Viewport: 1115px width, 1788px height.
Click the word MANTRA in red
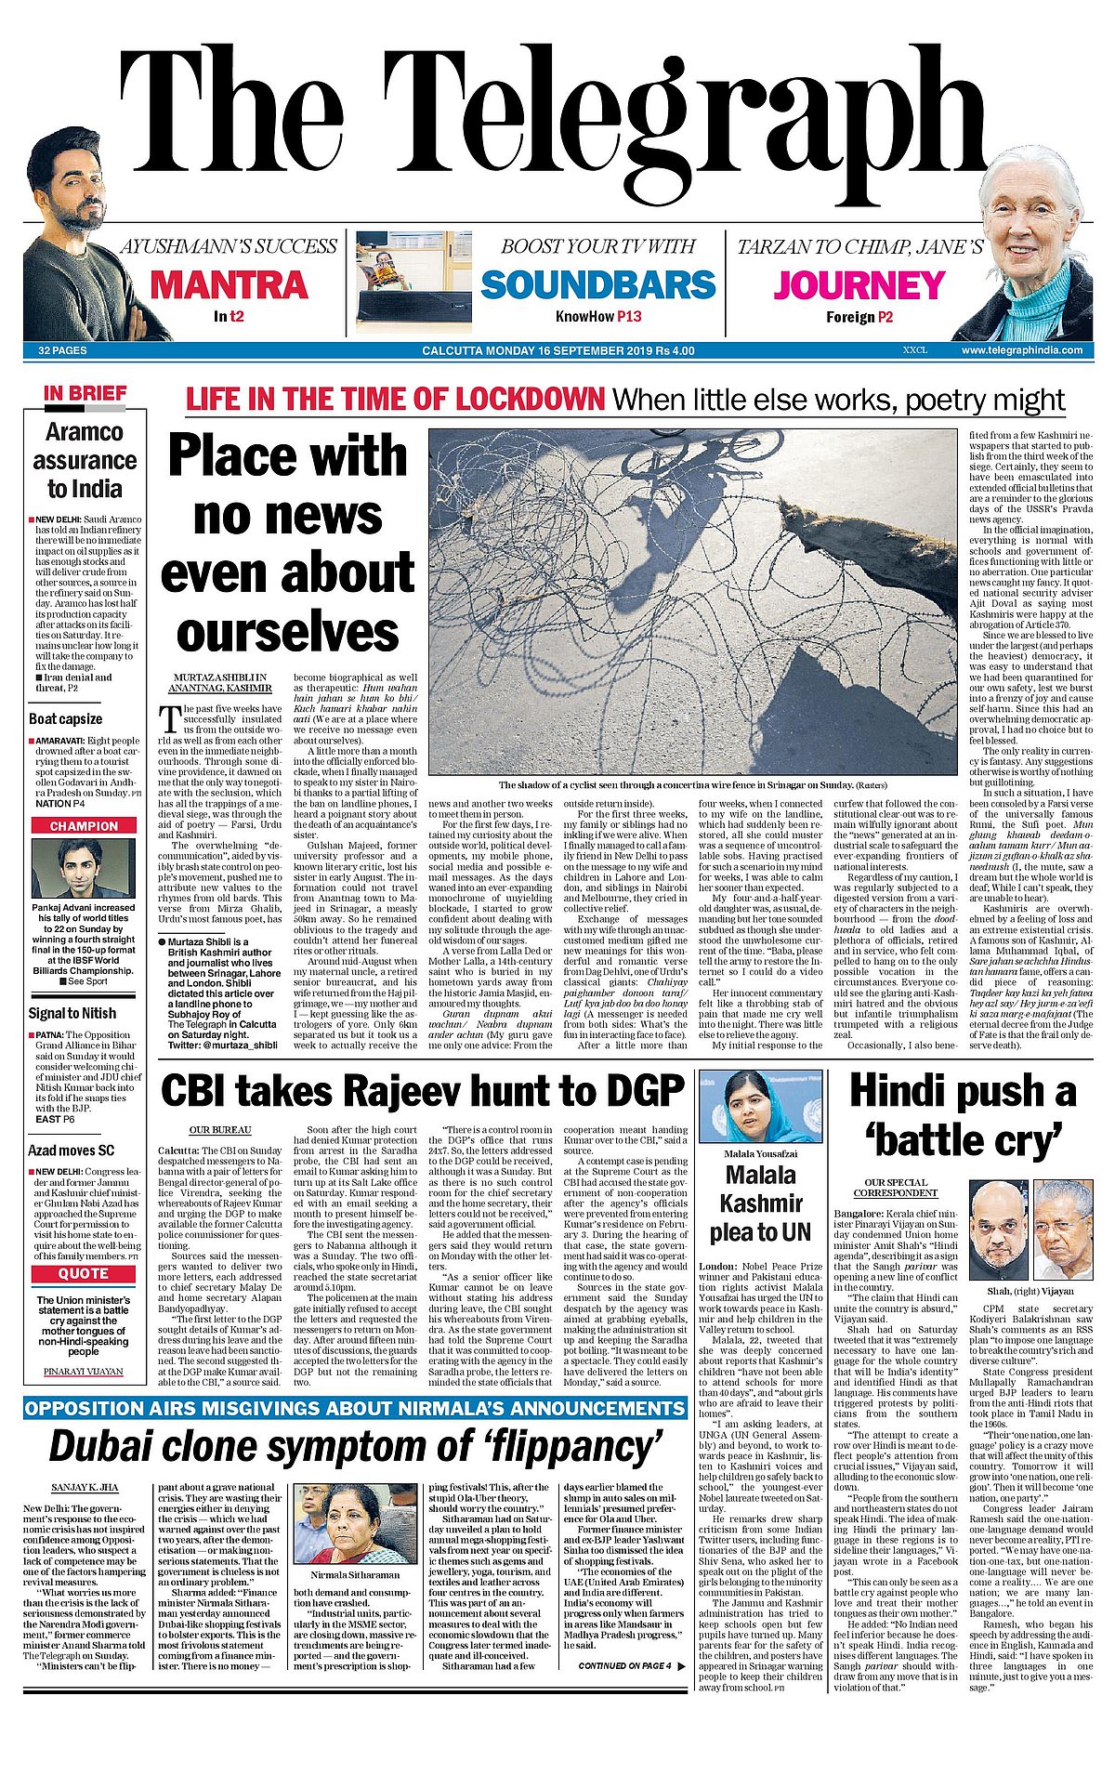229,284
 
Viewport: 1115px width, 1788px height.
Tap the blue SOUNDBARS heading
597,284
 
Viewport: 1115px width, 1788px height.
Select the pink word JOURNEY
859,284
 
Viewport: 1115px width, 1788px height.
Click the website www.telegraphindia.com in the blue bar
1021,350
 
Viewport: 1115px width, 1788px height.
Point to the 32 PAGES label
62,350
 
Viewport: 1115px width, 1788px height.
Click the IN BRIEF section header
85,393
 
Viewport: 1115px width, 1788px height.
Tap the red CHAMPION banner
84,825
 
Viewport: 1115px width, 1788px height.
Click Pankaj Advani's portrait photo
84,867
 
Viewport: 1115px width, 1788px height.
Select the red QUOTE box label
84,1273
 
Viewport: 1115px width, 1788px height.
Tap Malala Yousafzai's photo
760,1107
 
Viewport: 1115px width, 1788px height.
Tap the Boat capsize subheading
65,718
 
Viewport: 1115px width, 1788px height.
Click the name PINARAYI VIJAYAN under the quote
84,1372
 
